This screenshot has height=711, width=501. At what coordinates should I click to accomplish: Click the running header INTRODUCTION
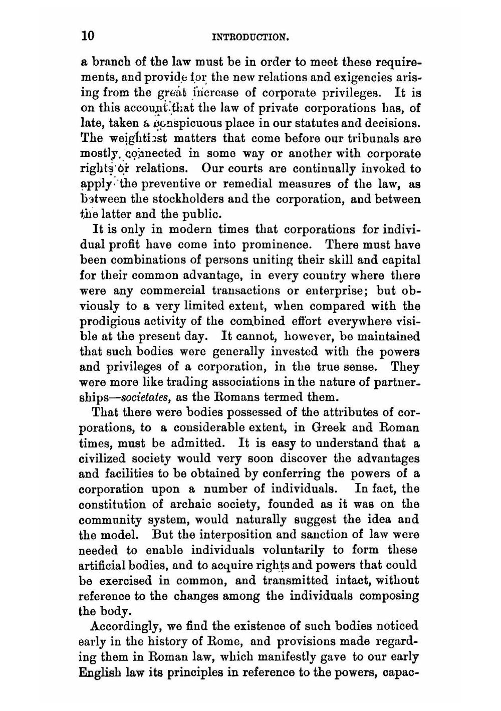[251, 37]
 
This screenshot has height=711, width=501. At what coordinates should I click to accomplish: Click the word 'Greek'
[329, 429]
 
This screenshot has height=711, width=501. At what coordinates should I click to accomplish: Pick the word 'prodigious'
[103, 322]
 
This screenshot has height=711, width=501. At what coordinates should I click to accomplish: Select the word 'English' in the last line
[100, 672]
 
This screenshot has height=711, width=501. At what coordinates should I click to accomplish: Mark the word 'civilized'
[102, 459]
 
